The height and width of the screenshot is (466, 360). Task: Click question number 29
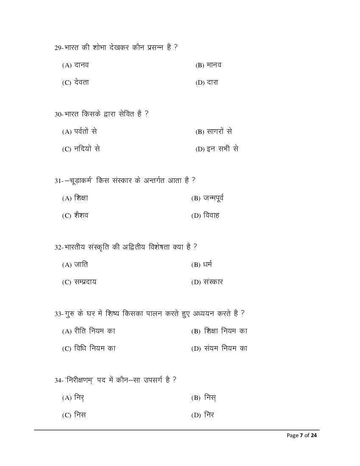tap(58, 48)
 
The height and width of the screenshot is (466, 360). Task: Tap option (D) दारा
tap(207, 83)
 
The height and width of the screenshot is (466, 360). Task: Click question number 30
tap(58, 114)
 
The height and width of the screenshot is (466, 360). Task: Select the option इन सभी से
tap(217, 149)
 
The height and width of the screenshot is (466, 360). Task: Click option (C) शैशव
tap(75, 215)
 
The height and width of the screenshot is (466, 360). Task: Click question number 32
tap(58, 247)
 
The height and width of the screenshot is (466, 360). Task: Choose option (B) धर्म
tap(202, 265)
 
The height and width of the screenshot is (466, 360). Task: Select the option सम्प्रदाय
tap(79, 282)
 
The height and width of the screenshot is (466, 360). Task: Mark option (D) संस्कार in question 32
tap(207, 282)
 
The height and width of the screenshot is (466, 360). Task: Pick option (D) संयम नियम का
tap(219, 349)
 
